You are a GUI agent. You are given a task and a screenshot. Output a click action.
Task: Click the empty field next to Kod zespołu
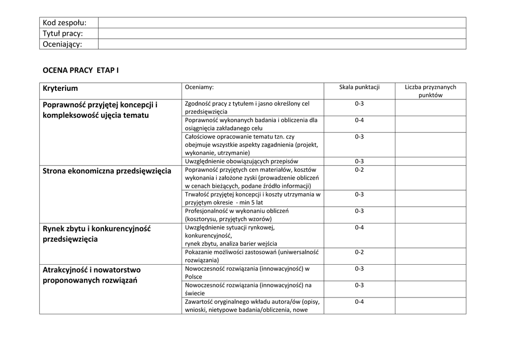click(282, 23)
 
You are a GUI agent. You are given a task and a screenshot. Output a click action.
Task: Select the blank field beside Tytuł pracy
click(282, 34)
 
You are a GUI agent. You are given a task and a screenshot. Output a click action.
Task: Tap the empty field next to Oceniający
click(282, 44)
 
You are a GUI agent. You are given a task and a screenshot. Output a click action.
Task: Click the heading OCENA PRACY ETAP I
click(81, 71)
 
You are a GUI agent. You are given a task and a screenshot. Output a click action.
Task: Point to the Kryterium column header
click(61, 88)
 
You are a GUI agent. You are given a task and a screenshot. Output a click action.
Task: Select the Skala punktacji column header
click(359, 87)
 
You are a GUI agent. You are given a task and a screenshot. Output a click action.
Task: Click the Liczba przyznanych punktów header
click(430, 91)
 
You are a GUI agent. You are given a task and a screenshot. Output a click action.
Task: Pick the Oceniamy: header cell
click(199, 87)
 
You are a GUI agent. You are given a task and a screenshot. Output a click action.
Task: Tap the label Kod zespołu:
click(64, 23)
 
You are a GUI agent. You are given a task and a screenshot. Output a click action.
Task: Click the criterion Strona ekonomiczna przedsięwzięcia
click(107, 171)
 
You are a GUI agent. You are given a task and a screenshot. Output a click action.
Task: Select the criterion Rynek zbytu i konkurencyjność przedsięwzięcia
click(97, 234)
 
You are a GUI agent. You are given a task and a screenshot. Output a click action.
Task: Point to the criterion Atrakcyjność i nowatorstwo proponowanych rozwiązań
click(92, 275)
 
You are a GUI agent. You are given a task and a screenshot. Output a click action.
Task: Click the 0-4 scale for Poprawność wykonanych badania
click(359, 120)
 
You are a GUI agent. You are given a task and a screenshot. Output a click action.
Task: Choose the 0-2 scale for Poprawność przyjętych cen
click(359, 170)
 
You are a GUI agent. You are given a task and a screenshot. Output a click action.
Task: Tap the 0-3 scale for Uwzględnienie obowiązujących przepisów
click(359, 161)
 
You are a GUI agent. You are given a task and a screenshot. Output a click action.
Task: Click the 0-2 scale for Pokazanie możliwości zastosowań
click(359, 252)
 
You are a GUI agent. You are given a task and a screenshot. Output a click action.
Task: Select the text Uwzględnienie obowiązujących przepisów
click(242, 161)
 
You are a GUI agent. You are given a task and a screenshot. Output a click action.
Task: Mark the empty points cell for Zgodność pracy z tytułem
click(430, 108)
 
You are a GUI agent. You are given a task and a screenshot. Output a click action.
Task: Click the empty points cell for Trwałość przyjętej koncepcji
click(430, 199)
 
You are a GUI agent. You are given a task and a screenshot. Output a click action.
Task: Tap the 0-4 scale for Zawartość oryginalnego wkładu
click(359, 302)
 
